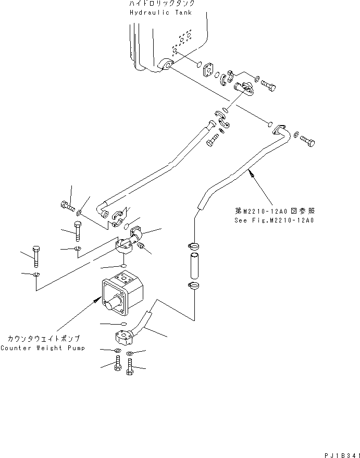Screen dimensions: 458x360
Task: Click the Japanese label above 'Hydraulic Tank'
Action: [162, 4]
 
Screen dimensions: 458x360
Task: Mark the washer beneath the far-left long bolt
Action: [35, 274]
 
